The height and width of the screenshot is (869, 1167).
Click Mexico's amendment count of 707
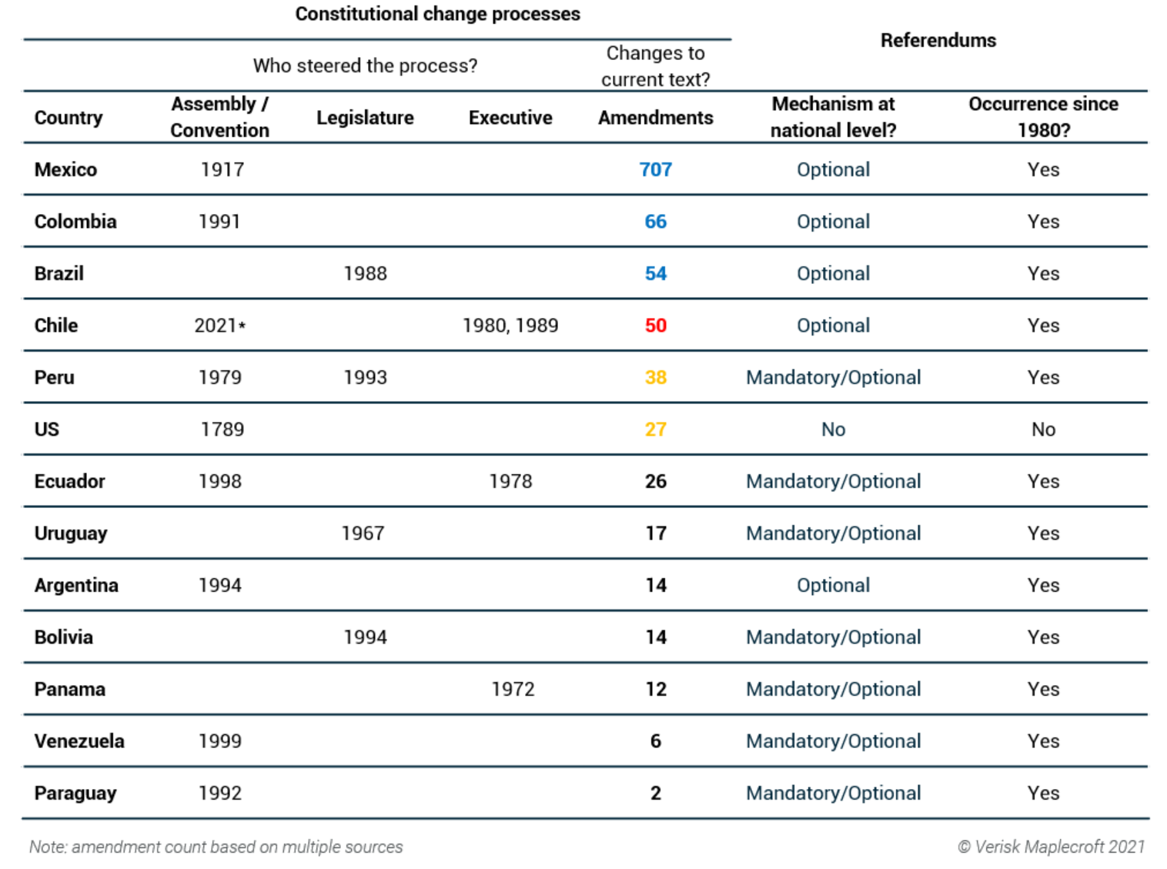point(655,169)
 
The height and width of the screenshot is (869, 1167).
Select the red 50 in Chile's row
point(655,326)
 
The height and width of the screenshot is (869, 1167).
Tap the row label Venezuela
point(79,741)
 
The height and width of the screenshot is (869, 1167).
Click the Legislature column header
point(365,118)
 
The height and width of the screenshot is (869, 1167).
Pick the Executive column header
point(510,118)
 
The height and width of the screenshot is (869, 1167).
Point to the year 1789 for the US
point(222,429)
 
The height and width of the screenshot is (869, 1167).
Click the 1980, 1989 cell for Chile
point(510,326)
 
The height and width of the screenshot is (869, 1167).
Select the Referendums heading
point(938,40)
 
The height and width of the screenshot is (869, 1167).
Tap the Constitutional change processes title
point(437,14)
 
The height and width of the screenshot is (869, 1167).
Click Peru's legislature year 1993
point(365,377)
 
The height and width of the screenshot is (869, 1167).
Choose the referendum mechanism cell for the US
point(833,429)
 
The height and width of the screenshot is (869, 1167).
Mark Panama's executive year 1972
point(513,689)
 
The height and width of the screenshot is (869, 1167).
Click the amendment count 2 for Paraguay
point(655,793)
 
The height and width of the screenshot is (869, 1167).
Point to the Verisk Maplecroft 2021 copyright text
point(1051,847)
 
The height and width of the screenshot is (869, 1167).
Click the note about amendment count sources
point(216,847)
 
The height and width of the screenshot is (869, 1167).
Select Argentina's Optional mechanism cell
point(833,585)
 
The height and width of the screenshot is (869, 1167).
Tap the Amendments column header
point(655,118)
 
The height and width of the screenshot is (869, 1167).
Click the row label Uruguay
point(71,533)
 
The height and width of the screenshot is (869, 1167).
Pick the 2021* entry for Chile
point(219,326)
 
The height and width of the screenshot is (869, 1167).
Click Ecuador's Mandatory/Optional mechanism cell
point(833,481)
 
